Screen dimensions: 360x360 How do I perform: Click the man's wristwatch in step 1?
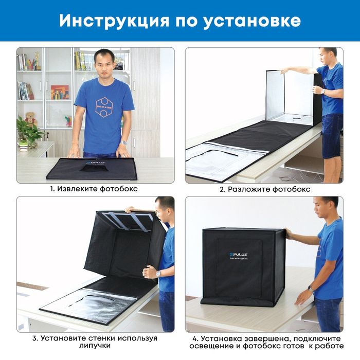[x=124, y=142]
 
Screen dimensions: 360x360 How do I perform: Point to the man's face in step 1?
[x=104, y=62]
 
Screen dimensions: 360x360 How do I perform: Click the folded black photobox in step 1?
[x=92, y=169]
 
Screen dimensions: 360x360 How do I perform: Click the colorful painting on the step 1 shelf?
[x=60, y=92]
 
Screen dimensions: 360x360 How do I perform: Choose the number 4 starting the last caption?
[x=195, y=338]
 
